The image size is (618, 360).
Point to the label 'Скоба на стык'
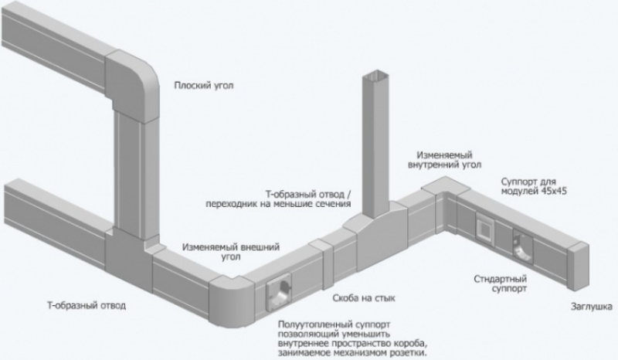pos(362,297)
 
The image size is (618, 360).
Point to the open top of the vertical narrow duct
pos(376,76)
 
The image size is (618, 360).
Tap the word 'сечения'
pos(332,205)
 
